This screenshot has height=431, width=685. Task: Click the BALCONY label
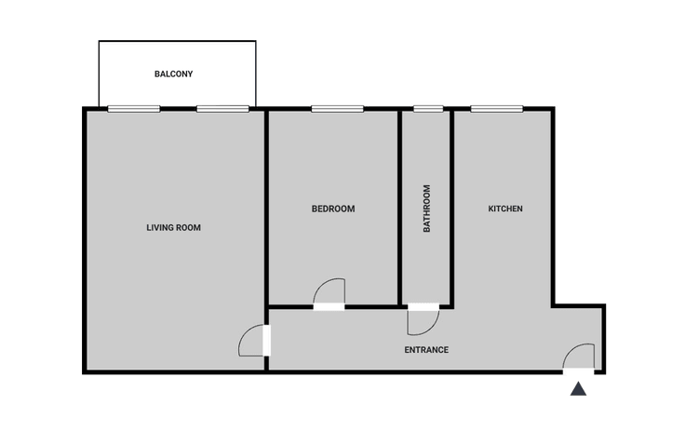173,74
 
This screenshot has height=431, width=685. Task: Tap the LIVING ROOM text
173,228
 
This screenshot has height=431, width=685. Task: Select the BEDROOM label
333,209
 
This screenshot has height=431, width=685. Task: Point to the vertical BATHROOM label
427,209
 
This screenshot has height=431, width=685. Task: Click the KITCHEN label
505,209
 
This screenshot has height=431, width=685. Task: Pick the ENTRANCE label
426,350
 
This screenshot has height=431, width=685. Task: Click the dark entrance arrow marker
578,388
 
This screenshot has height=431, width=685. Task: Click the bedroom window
337,109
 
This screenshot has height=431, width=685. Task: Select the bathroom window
428,109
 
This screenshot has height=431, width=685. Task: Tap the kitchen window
497,109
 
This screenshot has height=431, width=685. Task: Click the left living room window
134,109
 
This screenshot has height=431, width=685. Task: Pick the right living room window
222,109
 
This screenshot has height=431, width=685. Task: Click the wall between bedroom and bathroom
399,208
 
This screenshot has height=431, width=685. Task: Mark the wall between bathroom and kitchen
451,208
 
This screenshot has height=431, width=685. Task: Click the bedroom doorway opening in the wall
329,307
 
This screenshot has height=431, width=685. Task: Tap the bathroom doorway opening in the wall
423,307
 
